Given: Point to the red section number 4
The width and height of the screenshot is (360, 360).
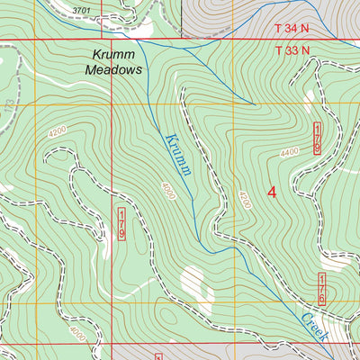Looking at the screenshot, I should [271, 191].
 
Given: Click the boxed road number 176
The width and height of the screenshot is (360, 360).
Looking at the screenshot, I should [322, 289].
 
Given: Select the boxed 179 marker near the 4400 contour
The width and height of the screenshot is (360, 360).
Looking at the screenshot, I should [318, 139].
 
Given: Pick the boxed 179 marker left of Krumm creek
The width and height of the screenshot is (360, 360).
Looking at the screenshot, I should [121, 222].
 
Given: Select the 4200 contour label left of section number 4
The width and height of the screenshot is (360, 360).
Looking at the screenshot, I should [242, 200].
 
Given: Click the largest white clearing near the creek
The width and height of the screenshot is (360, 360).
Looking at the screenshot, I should [191, 285].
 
